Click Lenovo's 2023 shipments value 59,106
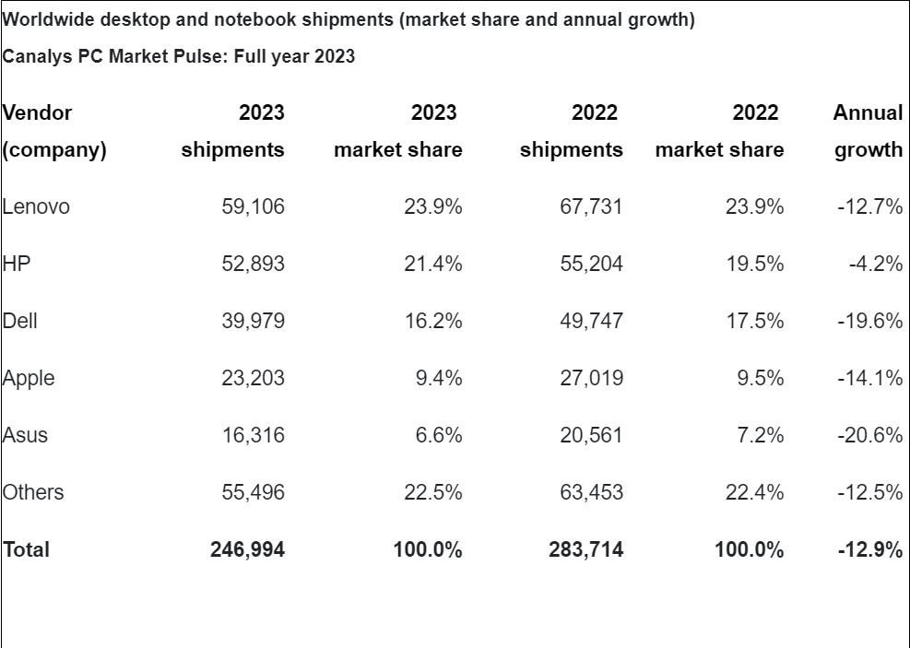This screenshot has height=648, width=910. (x=253, y=207)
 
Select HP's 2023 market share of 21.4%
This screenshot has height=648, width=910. (x=432, y=265)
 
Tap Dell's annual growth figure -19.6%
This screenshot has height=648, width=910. (x=869, y=322)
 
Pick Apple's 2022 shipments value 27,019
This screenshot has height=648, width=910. (x=591, y=379)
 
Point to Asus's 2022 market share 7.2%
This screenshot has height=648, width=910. (x=760, y=436)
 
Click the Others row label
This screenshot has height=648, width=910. (x=34, y=493)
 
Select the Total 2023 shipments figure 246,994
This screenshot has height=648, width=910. (x=247, y=550)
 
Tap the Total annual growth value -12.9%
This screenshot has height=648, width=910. (x=869, y=550)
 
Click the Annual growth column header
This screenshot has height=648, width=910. (x=868, y=132)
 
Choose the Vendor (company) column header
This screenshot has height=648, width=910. (x=53, y=132)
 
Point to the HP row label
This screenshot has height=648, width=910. (x=17, y=265)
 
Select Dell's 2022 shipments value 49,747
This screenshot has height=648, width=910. (x=591, y=322)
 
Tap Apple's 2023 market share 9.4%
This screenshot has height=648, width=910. (x=438, y=379)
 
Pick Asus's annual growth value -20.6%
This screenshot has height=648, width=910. (x=869, y=436)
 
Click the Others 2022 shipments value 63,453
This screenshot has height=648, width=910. (x=591, y=493)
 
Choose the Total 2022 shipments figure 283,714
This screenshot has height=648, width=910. (x=585, y=550)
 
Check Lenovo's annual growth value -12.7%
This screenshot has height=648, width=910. (x=869, y=207)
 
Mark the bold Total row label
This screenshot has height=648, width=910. (x=27, y=550)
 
